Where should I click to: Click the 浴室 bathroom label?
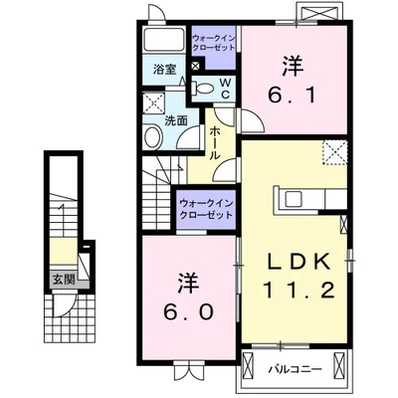[164, 70]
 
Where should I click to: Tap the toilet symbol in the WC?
[203, 88]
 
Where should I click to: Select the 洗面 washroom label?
[176, 120]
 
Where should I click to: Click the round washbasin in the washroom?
[152, 137]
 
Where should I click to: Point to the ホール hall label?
[214, 143]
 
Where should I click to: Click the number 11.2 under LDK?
[298, 291]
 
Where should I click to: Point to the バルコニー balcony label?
[295, 369]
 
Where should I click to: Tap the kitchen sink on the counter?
[294, 199]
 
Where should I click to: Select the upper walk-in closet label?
[214, 43]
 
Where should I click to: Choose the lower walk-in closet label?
[206, 209]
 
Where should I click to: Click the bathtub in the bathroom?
[165, 40]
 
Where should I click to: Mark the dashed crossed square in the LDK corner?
[335, 152]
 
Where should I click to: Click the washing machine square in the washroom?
[154, 103]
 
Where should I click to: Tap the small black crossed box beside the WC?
[196, 66]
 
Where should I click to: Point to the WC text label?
[226, 88]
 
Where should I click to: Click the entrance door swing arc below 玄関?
[67, 306]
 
